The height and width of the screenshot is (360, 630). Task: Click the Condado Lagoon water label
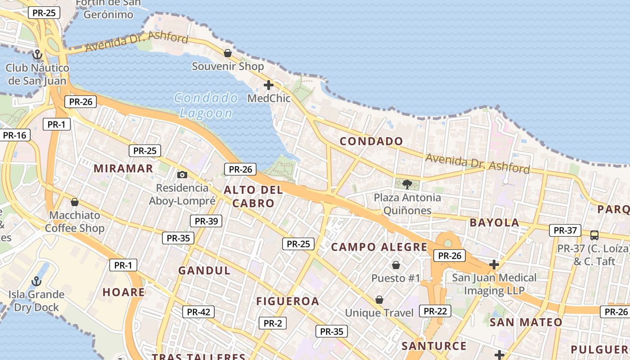[206, 105]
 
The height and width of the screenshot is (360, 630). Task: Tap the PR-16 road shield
[14, 135]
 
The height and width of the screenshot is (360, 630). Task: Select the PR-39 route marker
[206, 221]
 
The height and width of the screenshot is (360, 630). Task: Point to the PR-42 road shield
[198, 311]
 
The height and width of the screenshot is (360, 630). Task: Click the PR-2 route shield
[272, 323]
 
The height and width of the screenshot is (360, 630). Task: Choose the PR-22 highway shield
[435, 311]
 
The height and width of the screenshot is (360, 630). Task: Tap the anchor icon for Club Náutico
[37, 55]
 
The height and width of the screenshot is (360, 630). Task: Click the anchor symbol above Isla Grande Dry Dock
[36, 282]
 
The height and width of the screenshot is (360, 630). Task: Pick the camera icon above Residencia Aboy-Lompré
[182, 175]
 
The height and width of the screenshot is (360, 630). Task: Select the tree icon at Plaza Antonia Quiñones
[407, 184]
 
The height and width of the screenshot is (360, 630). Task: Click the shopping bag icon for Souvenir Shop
[228, 53]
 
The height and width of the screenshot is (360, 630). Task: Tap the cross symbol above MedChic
[269, 85]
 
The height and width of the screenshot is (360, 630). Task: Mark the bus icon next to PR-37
[594, 235]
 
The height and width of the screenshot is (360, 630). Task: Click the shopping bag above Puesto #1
[396, 265]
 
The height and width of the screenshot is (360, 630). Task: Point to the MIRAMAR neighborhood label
[123, 169]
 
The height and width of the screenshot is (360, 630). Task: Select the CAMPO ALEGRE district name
[379, 247]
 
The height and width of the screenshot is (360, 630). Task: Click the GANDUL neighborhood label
[204, 271]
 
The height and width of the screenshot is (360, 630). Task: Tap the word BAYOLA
[495, 223]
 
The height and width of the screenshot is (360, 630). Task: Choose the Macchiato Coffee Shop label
[75, 222]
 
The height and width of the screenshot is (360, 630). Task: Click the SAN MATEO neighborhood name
[526, 322]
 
